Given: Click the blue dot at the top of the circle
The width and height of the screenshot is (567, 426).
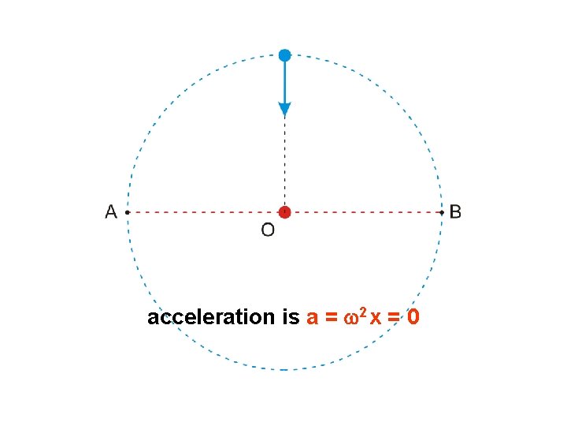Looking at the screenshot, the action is (284, 55).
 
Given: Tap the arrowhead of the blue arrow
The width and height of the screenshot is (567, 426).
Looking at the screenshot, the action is (284, 110).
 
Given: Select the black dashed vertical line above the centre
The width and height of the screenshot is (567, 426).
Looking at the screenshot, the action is (284, 162).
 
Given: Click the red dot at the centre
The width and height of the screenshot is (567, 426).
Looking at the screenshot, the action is (284, 212).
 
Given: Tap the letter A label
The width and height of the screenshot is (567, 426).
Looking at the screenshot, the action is (111, 212).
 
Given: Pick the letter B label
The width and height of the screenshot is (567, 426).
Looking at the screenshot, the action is (455, 212).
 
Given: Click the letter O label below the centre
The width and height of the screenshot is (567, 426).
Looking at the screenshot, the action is (268, 230).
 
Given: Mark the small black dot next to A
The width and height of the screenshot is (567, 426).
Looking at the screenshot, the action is (128, 212).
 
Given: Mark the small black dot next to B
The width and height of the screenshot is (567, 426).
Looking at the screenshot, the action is (441, 212).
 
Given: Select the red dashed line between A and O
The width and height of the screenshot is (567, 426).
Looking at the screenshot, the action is (205, 212).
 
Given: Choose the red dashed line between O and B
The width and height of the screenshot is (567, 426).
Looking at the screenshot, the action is (362, 212).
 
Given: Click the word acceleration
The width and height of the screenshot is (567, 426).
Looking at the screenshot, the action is (209, 318).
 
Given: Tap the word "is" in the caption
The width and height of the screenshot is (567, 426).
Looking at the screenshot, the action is (289, 318).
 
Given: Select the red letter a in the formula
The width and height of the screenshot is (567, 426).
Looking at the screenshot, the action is (312, 319).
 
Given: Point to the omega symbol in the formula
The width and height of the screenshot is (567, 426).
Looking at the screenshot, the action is (351, 319).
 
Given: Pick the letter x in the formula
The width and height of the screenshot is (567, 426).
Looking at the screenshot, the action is (376, 319).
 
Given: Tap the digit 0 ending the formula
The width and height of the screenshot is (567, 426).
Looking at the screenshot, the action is (413, 318).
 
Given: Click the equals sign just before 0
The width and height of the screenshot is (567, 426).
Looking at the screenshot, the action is (394, 319).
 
